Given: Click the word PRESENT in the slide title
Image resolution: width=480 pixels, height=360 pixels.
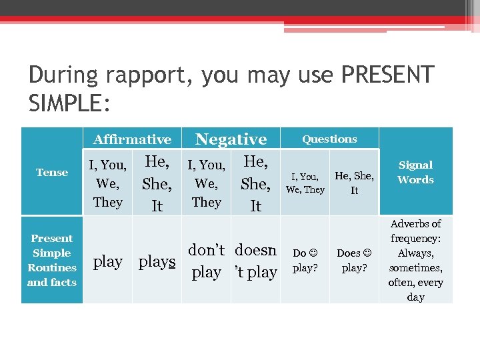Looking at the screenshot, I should pos(387,75).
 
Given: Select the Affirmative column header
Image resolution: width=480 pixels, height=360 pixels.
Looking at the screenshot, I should pos(132,139).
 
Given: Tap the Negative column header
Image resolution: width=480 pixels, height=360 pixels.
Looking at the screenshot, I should pos(231,139).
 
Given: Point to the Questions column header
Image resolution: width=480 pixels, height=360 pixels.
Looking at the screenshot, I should pos(329,139).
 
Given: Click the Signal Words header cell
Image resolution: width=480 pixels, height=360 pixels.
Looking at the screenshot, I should pos(415,172).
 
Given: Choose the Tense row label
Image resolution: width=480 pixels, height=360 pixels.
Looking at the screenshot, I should pos(52,172).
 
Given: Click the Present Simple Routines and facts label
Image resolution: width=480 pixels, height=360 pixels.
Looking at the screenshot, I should pos(52,260).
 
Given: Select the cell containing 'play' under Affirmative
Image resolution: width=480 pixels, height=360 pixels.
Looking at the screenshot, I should pos(108,261).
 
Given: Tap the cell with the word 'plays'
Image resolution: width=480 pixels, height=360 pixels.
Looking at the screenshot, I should pos(157,261).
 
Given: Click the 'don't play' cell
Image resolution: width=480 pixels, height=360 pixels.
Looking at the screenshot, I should pos(206,261).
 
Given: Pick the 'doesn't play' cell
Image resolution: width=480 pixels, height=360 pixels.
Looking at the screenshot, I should pos(255,261).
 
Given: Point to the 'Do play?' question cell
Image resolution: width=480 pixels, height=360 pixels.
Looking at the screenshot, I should pos(305,260).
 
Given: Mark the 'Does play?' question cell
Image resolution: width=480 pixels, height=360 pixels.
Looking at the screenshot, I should pos(354,260).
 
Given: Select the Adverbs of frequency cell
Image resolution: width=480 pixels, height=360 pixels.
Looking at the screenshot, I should pos(415,260).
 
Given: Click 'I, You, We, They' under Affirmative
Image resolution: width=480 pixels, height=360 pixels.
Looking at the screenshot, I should pos(108,183).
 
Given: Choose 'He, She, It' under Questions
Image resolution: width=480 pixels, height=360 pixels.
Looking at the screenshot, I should pos(354,183).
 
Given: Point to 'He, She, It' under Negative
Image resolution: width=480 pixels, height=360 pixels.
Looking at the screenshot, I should pos(255,183).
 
